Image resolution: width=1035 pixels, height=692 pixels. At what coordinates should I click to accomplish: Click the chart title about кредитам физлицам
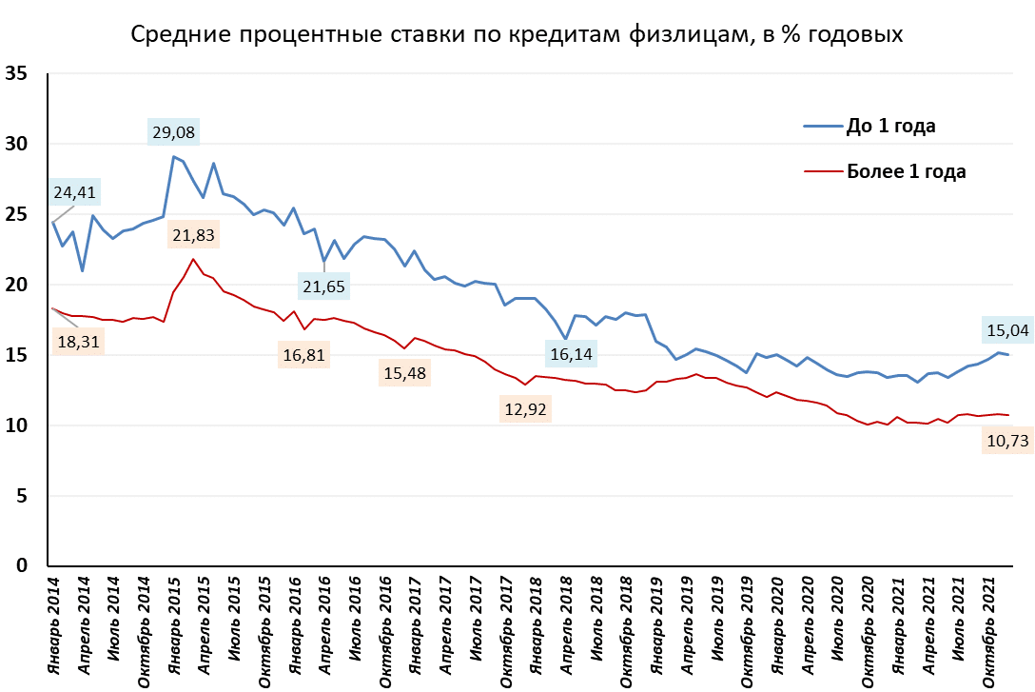point(517,35)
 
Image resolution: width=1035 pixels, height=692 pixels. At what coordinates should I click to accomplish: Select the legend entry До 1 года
point(890,127)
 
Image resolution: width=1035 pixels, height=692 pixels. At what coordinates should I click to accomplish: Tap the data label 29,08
point(174,131)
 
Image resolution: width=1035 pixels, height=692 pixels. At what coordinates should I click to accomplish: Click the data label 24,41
point(75,192)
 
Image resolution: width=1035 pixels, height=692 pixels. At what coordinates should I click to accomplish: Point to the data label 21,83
point(194,235)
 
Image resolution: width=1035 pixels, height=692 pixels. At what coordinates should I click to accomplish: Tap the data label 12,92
point(526,409)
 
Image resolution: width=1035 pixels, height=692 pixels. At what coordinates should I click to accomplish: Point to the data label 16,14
point(574,354)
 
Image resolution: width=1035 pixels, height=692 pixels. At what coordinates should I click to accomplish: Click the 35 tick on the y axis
point(16,74)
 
